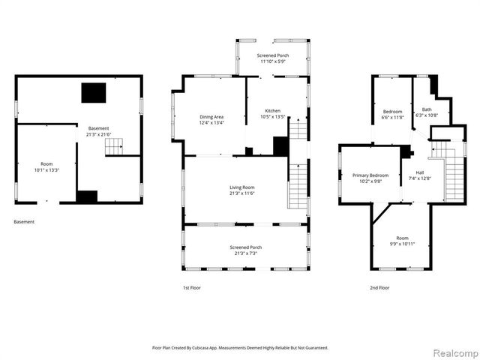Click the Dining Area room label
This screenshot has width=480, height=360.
[x=211, y=116]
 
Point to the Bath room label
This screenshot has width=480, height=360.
[x=427, y=109]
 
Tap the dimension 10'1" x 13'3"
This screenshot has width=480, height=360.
[x=47, y=170]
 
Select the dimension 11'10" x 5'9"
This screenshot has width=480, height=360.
[x=274, y=61]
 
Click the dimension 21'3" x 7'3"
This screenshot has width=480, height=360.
[x=243, y=253]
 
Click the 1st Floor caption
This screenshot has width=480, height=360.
[x=191, y=287]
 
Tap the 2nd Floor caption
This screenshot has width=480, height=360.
[x=379, y=287]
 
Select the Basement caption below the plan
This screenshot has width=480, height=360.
[x=24, y=221]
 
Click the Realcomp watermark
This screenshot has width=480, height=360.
[x=454, y=352]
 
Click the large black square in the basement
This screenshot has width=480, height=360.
[x=94, y=93]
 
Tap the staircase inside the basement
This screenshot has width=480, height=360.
[x=113, y=146]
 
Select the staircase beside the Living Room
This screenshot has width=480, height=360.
[x=298, y=187]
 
